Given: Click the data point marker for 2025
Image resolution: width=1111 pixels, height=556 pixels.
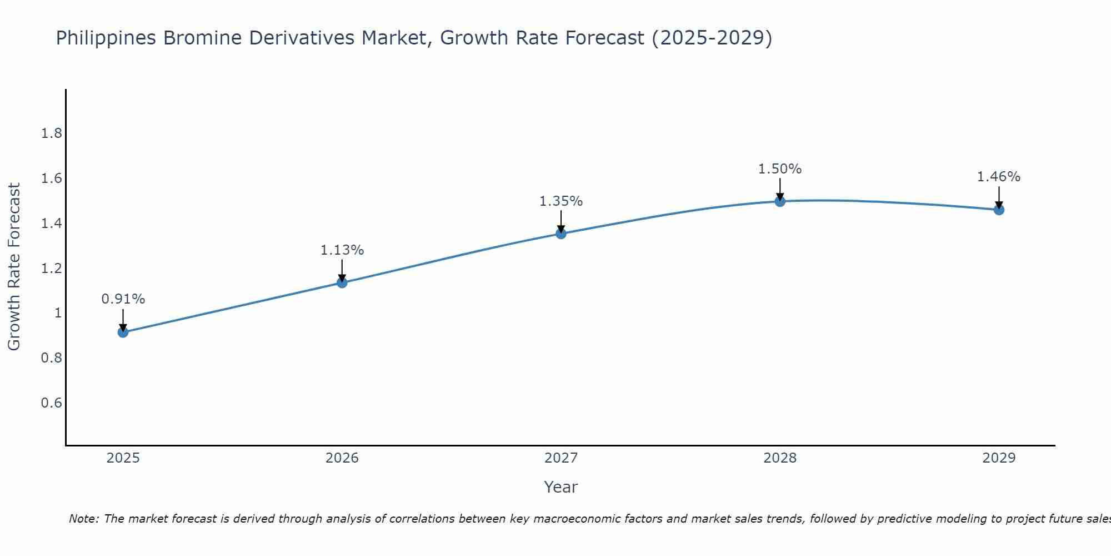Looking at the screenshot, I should click(123, 332).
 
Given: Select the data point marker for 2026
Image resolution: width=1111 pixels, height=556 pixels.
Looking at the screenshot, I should click(342, 282).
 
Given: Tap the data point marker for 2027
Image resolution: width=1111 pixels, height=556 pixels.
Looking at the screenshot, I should click(561, 234).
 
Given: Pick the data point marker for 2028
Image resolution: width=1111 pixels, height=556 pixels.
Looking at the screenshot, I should click(780, 201).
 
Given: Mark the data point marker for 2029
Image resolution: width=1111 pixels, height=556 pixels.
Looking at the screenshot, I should click(999, 210).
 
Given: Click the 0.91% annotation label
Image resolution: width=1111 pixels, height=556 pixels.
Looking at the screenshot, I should click(123, 299).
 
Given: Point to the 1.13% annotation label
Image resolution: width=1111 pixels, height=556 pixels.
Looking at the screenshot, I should click(342, 250).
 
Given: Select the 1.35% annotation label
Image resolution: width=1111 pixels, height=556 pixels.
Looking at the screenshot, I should click(561, 201).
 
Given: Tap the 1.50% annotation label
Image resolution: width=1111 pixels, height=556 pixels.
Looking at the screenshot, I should click(780, 169).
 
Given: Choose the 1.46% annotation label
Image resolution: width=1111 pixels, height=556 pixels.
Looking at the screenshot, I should click(999, 177).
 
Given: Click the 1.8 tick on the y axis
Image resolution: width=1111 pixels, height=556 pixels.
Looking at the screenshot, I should click(52, 133).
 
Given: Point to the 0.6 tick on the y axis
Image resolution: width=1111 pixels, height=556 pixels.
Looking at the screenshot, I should click(52, 403).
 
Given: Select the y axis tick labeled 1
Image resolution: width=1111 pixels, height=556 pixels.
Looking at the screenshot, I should click(57, 313).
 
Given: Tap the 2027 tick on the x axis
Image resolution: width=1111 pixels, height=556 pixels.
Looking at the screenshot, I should click(561, 458).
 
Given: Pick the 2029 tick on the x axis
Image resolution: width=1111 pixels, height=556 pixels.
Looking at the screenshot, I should click(999, 458).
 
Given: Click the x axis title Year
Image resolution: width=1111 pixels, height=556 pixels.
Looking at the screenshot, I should click(561, 487).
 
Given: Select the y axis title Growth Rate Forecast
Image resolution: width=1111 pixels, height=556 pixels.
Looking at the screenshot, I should click(14, 267).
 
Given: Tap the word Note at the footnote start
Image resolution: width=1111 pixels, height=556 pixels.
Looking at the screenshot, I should click(83, 519).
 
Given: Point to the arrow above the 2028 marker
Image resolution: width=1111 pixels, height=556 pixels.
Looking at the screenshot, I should click(780, 189).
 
